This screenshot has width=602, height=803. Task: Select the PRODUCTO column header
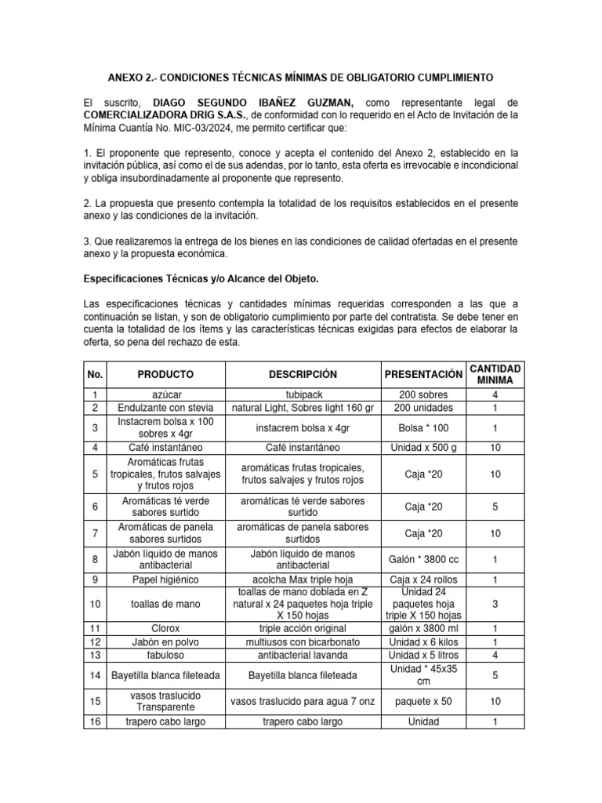(165, 374)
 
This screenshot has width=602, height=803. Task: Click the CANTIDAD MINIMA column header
(495, 374)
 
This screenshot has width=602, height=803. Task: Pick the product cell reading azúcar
(165, 395)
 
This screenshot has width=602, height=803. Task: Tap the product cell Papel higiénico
(165, 579)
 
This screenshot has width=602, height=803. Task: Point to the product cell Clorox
(165, 628)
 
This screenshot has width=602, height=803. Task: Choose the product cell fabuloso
(165, 654)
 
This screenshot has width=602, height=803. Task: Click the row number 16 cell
(95, 721)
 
